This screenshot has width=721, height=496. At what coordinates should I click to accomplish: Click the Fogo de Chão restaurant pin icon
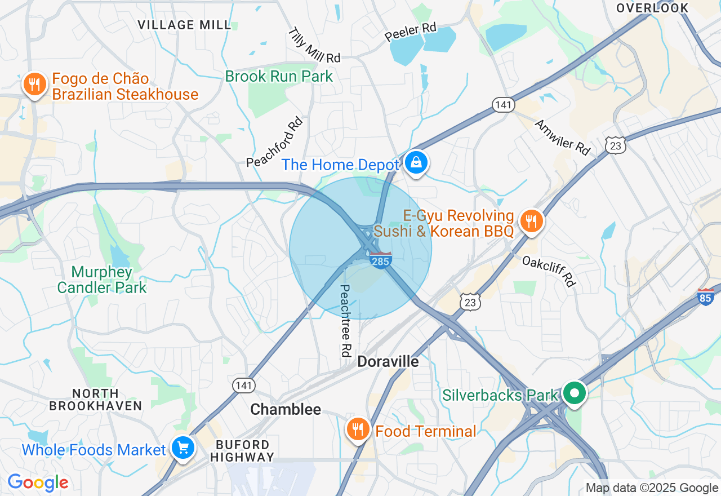click(x=35, y=85)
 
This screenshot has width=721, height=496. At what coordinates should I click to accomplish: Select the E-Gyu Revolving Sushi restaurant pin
click(x=531, y=221)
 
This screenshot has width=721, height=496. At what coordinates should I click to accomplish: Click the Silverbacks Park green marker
click(x=575, y=393)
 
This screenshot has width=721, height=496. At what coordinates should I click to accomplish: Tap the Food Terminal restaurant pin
click(x=358, y=430)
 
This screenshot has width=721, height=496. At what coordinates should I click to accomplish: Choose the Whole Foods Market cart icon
click(x=183, y=449)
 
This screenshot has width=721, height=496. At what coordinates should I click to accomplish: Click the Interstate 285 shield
click(x=381, y=260)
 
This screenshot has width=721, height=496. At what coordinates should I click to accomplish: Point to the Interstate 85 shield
click(x=705, y=297)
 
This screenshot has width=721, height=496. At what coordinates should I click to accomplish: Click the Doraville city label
click(x=388, y=361)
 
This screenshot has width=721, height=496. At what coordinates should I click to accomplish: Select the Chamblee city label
click(x=286, y=410)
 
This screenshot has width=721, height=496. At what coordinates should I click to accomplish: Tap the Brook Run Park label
click(x=279, y=76)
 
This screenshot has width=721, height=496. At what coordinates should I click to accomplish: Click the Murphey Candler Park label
click(x=102, y=280)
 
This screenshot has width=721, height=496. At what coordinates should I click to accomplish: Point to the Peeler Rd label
click(x=411, y=32)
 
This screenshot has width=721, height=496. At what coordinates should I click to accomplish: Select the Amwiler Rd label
click(x=562, y=137)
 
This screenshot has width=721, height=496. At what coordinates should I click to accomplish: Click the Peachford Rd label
click(x=275, y=142)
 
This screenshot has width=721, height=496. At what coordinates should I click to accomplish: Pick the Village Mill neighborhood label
click(x=184, y=25)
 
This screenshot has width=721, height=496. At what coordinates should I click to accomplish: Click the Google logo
click(x=38, y=482)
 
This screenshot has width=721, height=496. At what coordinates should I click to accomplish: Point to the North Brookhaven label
click(x=95, y=399)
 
